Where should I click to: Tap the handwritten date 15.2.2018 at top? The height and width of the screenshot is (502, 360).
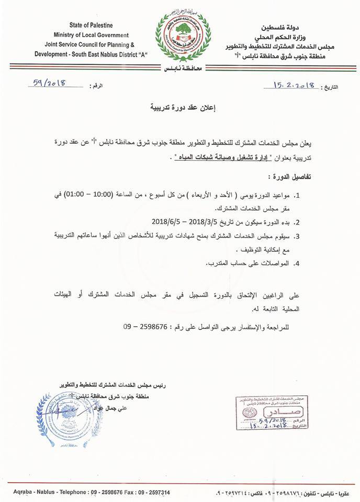[292, 85]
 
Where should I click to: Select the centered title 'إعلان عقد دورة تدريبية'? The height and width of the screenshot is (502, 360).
[181, 108]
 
